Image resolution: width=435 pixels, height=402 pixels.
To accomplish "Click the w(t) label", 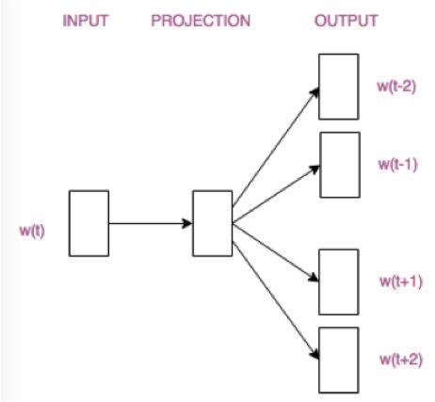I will tap(31, 229).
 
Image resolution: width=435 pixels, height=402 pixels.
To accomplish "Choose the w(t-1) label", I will tap(395, 164).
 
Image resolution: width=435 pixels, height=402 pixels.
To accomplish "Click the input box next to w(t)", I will tap(89, 223).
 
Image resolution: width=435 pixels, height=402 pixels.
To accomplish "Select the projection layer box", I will tap(212, 223).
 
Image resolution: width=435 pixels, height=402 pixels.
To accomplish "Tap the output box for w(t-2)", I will tap(338, 87).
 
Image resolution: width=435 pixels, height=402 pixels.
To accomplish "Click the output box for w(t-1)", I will tap(338, 164).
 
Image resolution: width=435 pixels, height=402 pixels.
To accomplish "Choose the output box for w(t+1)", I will tap(338, 281).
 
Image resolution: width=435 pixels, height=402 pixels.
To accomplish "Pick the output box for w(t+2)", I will tap(338, 360).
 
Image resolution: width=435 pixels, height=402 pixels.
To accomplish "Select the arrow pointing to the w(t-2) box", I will tap(275, 142).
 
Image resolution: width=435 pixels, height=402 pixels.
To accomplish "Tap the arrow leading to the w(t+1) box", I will tap(275, 250).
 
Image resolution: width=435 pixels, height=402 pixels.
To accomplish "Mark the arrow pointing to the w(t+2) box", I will tap(275, 293).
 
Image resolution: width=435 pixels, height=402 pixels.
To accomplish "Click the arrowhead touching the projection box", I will tap(187, 224).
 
